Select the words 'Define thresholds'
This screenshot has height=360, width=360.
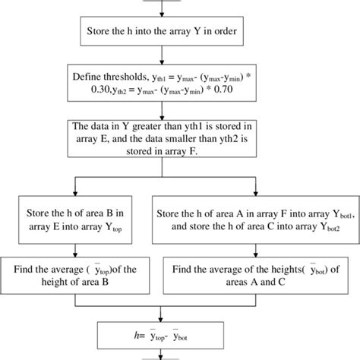[x=103, y=76]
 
